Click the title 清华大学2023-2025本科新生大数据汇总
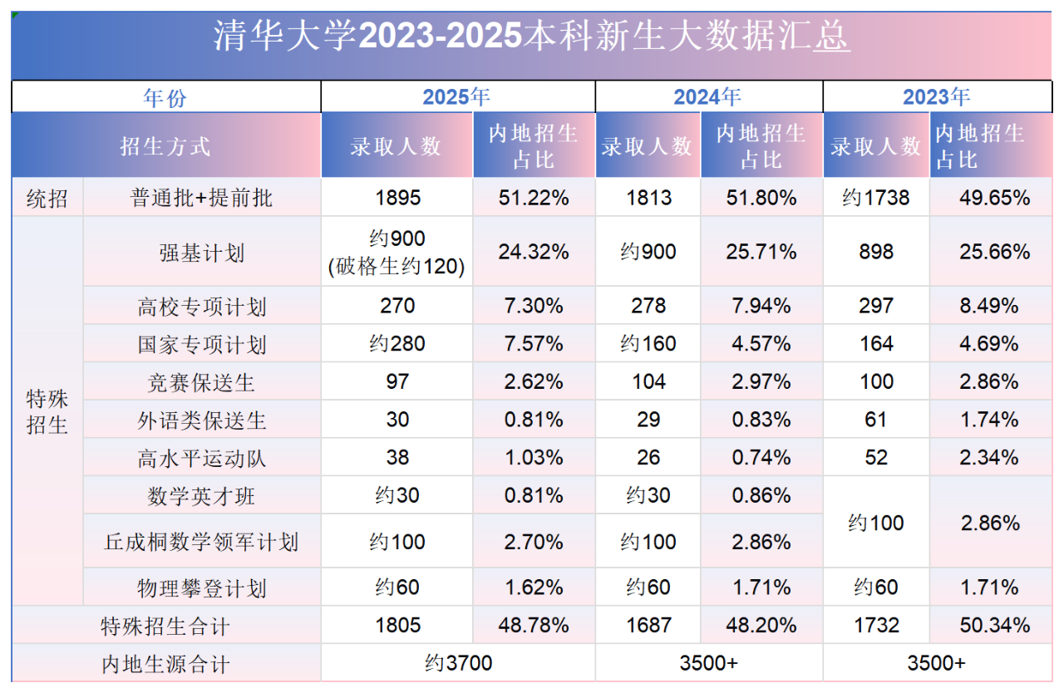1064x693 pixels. tap(532, 37)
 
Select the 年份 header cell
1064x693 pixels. tap(165, 97)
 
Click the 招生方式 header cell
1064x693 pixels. tap(165, 146)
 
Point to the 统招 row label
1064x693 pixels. tap(47, 199)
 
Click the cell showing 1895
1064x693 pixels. tap(397, 199)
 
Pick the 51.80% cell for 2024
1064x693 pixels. tap(761, 199)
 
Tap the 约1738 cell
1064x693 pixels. tap(875, 199)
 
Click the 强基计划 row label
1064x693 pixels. tap(202, 253)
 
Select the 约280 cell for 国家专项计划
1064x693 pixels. tap(397, 344)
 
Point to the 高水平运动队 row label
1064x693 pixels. tap(202, 458)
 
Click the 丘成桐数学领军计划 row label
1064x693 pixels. tap(202, 543)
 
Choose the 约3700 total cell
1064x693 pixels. tap(458, 663)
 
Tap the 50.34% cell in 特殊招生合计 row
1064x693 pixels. tap(994, 625)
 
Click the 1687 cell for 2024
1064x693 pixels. tap(648, 625)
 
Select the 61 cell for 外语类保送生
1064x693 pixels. tap(875, 420)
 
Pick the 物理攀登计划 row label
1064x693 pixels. tap(202, 588)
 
